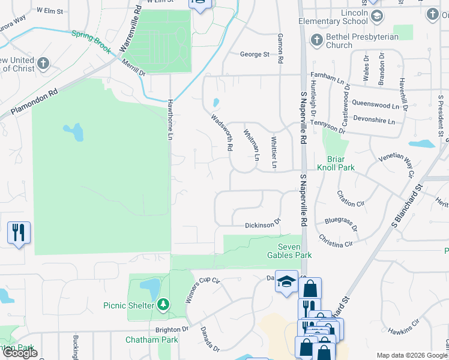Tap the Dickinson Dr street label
[x=263, y=224]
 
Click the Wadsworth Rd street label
[x=221, y=132]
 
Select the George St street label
[x=255, y=55]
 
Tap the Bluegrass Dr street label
[x=341, y=224]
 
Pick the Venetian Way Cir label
[x=397, y=165]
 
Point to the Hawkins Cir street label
[x=404, y=328]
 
